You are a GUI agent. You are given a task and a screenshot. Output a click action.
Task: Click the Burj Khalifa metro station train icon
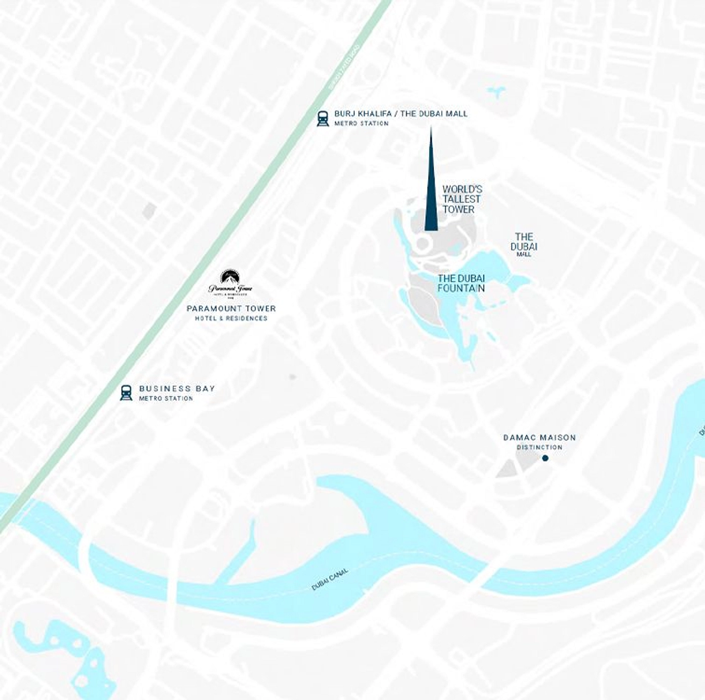click(323, 119)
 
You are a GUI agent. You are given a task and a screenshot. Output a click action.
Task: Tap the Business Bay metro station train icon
click(126, 393)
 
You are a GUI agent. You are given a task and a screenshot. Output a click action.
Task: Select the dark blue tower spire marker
click(431, 193)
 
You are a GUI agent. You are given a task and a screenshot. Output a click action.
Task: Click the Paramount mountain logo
click(230, 278)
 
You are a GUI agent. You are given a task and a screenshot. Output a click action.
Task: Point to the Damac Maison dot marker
click(545, 458)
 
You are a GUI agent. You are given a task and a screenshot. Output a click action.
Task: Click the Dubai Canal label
click(330, 579)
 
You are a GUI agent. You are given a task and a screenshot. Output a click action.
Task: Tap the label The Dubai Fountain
click(461, 283)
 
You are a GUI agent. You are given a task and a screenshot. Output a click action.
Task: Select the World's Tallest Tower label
click(461, 199)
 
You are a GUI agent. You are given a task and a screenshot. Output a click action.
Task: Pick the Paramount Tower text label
click(231, 308)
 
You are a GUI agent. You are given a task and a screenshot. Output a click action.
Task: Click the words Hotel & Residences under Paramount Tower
click(231, 318)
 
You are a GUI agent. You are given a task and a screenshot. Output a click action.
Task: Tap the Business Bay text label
click(177, 389)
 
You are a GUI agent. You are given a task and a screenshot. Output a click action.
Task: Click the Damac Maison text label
click(539, 437)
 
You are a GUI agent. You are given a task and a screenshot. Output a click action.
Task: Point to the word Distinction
click(539, 447)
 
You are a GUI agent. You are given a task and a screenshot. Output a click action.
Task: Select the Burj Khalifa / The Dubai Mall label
click(401, 114)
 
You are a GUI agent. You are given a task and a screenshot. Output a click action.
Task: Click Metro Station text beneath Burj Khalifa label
click(361, 123)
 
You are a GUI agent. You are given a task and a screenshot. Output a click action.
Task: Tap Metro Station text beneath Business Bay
click(166, 398)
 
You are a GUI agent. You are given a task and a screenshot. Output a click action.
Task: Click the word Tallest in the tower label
click(461, 199)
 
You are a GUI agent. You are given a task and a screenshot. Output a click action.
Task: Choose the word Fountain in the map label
click(461, 288)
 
